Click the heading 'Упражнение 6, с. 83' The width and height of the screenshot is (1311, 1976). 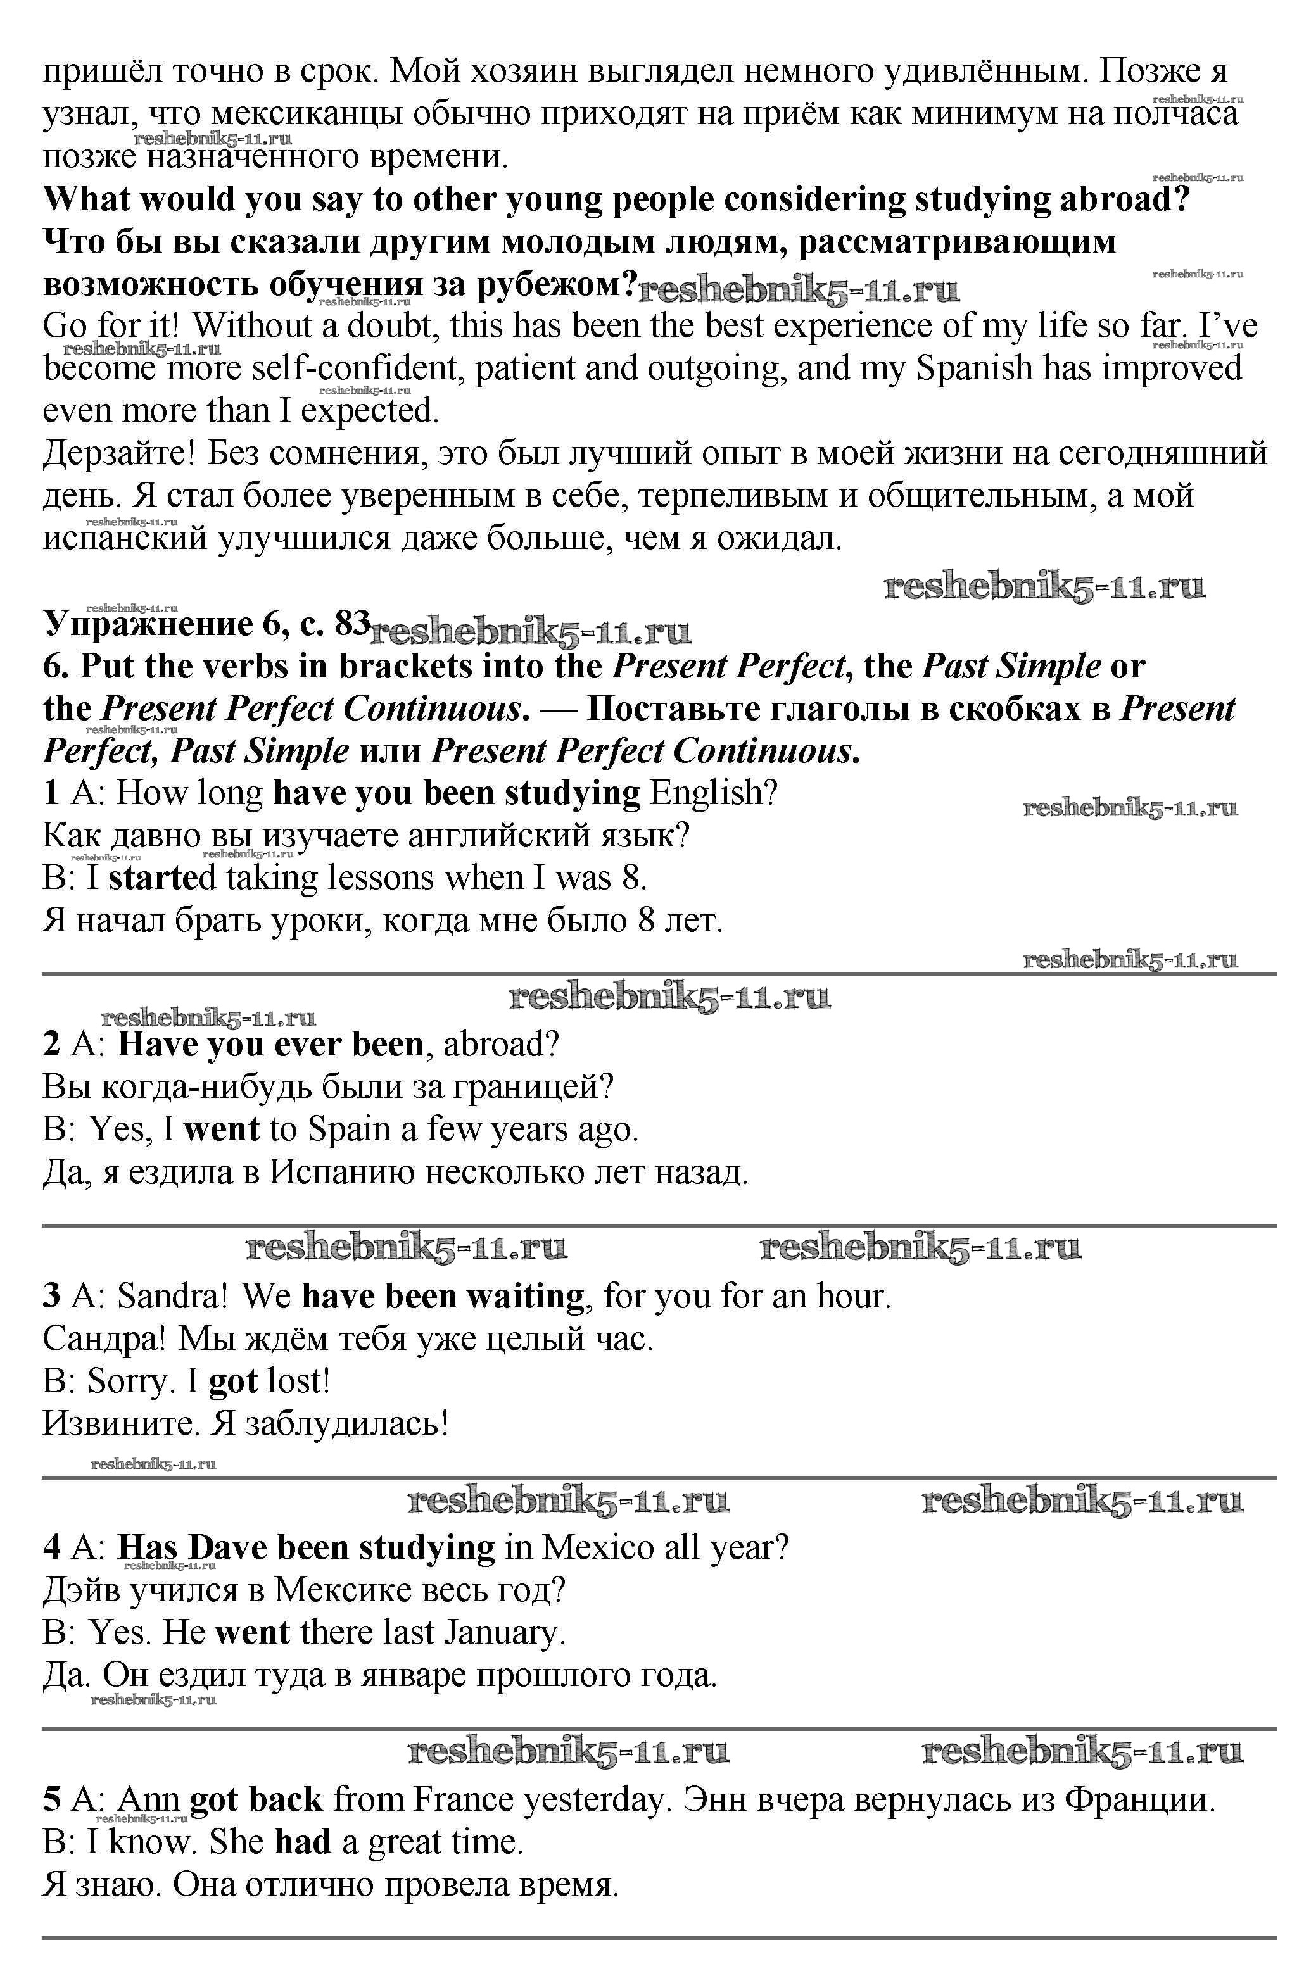click(x=206, y=624)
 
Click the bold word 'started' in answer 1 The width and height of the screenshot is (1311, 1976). click(x=154, y=878)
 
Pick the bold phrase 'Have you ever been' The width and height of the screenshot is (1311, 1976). click(x=270, y=1045)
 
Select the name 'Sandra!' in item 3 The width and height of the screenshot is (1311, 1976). click(x=172, y=1297)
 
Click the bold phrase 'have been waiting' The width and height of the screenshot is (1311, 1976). click(x=442, y=1297)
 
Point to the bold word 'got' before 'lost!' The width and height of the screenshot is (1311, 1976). click(x=232, y=1381)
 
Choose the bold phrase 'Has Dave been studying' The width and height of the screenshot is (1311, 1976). click(x=306, y=1548)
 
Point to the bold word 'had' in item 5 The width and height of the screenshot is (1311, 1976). click(x=303, y=1842)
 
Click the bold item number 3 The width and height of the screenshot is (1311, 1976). click(x=52, y=1297)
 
